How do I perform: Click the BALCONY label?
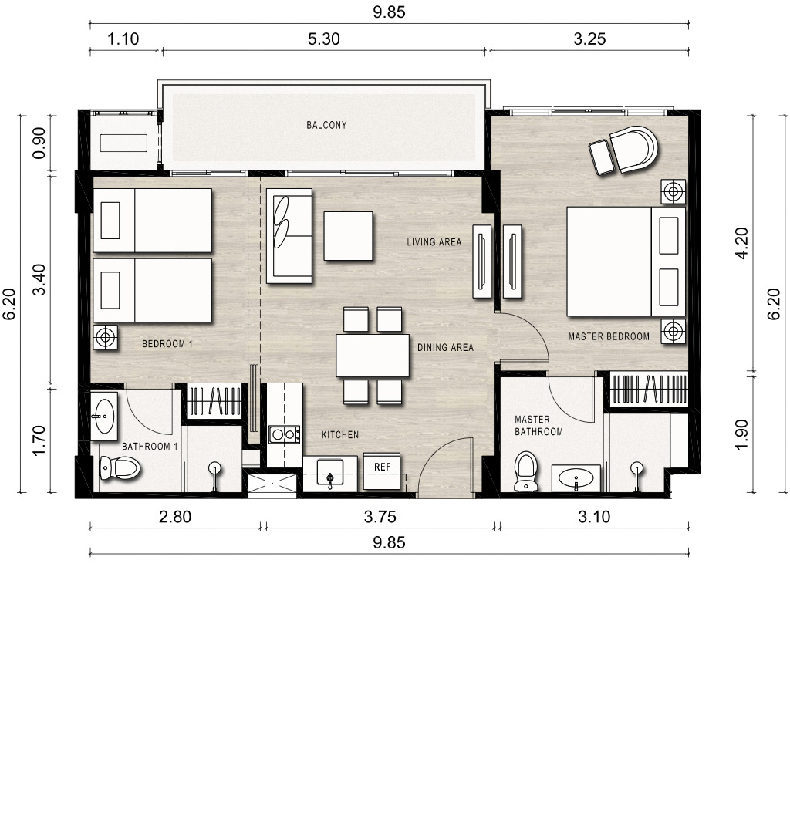(326, 125)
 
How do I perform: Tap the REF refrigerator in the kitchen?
(382, 471)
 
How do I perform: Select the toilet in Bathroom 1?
(120, 467)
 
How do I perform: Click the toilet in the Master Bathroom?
(526, 471)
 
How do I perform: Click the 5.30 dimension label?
(323, 39)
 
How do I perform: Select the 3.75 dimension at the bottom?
(380, 517)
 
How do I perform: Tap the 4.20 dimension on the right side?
(742, 243)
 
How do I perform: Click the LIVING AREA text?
(434, 242)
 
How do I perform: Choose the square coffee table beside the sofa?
(348, 236)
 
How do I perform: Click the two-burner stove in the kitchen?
(284, 434)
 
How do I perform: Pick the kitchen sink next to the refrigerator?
(330, 474)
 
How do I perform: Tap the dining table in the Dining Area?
(373, 355)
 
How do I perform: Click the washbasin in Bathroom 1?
(104, 417)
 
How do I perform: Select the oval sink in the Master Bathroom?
(576, 477)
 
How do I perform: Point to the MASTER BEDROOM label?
(609, 337)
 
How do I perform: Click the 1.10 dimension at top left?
(123, 39)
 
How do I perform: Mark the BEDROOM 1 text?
(167, 343)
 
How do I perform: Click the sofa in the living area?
(289, 236)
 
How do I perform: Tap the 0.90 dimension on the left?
(39, 143)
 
